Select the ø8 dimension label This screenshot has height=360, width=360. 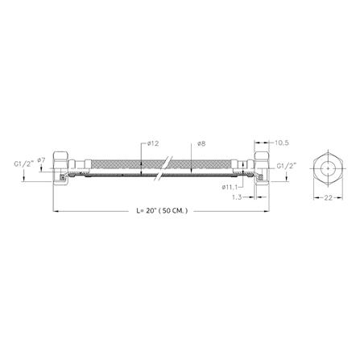(201, 144)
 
